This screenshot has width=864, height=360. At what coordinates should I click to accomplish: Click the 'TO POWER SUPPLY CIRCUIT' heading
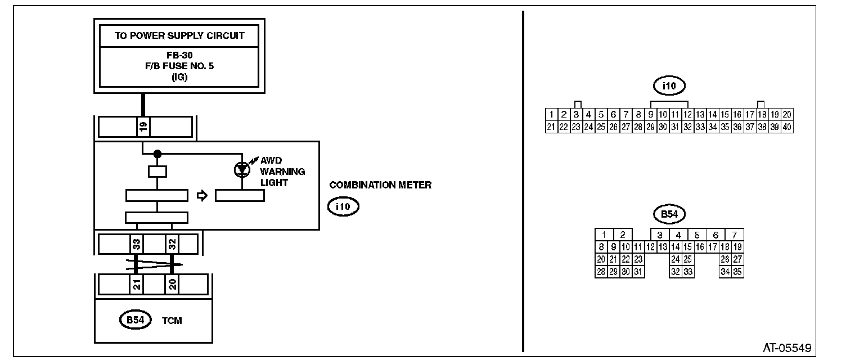[179, 35]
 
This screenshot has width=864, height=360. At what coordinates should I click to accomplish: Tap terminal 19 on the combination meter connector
[143, 127]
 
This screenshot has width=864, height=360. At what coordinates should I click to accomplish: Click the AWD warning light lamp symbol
[241, 168]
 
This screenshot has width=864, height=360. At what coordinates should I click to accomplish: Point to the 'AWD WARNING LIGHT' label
[282, 172]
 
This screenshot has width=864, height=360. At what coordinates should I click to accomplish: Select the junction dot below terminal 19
[157, 154]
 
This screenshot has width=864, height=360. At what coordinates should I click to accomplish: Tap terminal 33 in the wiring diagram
[136, 244]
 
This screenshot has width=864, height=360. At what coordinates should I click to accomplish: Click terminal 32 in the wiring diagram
[172, 244]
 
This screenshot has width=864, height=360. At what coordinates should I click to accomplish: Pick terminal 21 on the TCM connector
[136, 285]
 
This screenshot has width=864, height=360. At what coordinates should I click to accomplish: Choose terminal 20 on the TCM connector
[172, 285]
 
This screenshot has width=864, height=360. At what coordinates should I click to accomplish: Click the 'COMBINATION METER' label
[380, 185]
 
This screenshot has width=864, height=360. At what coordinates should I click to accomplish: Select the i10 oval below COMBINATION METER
[343, 207]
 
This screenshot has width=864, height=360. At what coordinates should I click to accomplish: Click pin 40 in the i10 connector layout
[787, 127]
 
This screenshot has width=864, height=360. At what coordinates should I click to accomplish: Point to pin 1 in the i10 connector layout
[552, 114]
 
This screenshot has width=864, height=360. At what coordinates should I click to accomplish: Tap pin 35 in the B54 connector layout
[738, 272]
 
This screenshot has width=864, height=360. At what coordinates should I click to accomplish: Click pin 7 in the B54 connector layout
[735, 235]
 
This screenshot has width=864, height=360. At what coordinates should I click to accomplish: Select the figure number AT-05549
[787, 348]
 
